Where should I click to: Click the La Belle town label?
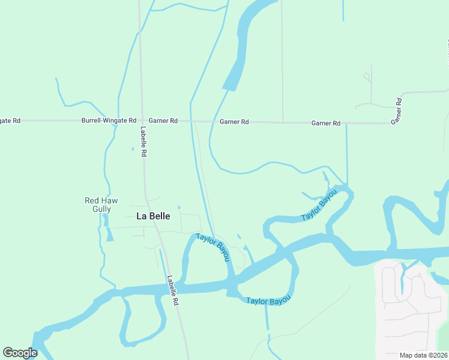(x=154, y=216)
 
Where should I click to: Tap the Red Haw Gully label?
(x=98, y=205)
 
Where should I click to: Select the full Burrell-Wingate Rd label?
(x=109, y=121)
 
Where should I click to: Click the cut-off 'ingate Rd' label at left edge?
(x=10, y=121)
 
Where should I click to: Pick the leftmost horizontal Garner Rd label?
(x=163, y=121)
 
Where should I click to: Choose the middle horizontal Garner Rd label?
(x=234, y=122)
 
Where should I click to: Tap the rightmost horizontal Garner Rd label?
(x=326, y=123)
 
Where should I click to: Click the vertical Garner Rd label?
(x=396, y=111)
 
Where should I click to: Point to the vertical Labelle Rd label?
(x=144, y=142)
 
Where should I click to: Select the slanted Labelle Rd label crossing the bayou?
(x=173, y=291)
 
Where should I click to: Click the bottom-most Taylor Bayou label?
(x=268, y=299)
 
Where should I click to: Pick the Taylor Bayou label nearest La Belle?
(x=213, y=247)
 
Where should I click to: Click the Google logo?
(x=20, y=352)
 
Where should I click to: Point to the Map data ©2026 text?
(x=423, y=355)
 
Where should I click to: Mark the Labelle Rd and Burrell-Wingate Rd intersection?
(x=142, y=121)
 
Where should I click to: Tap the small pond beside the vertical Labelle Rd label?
(x=133, y=149)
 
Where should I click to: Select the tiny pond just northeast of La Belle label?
(x=179, y=214)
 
